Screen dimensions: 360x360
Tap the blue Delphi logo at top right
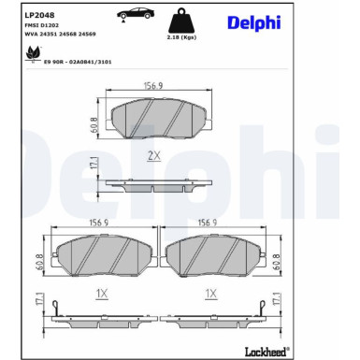pyautogui.click(x=251, y=22)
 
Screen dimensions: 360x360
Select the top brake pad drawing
pyautogui.click(x=158, y=118)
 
